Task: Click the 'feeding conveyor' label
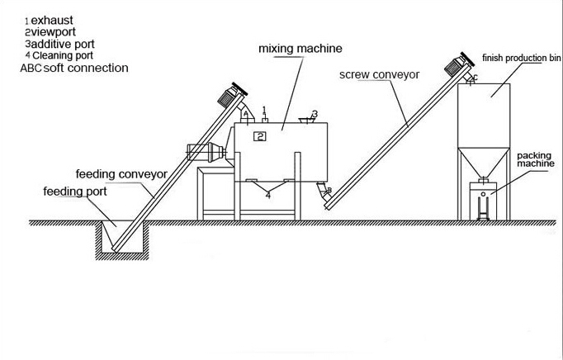coord(122,174)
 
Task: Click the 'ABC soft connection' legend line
coord(73,68)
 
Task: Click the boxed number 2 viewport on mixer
coord(260,135)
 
